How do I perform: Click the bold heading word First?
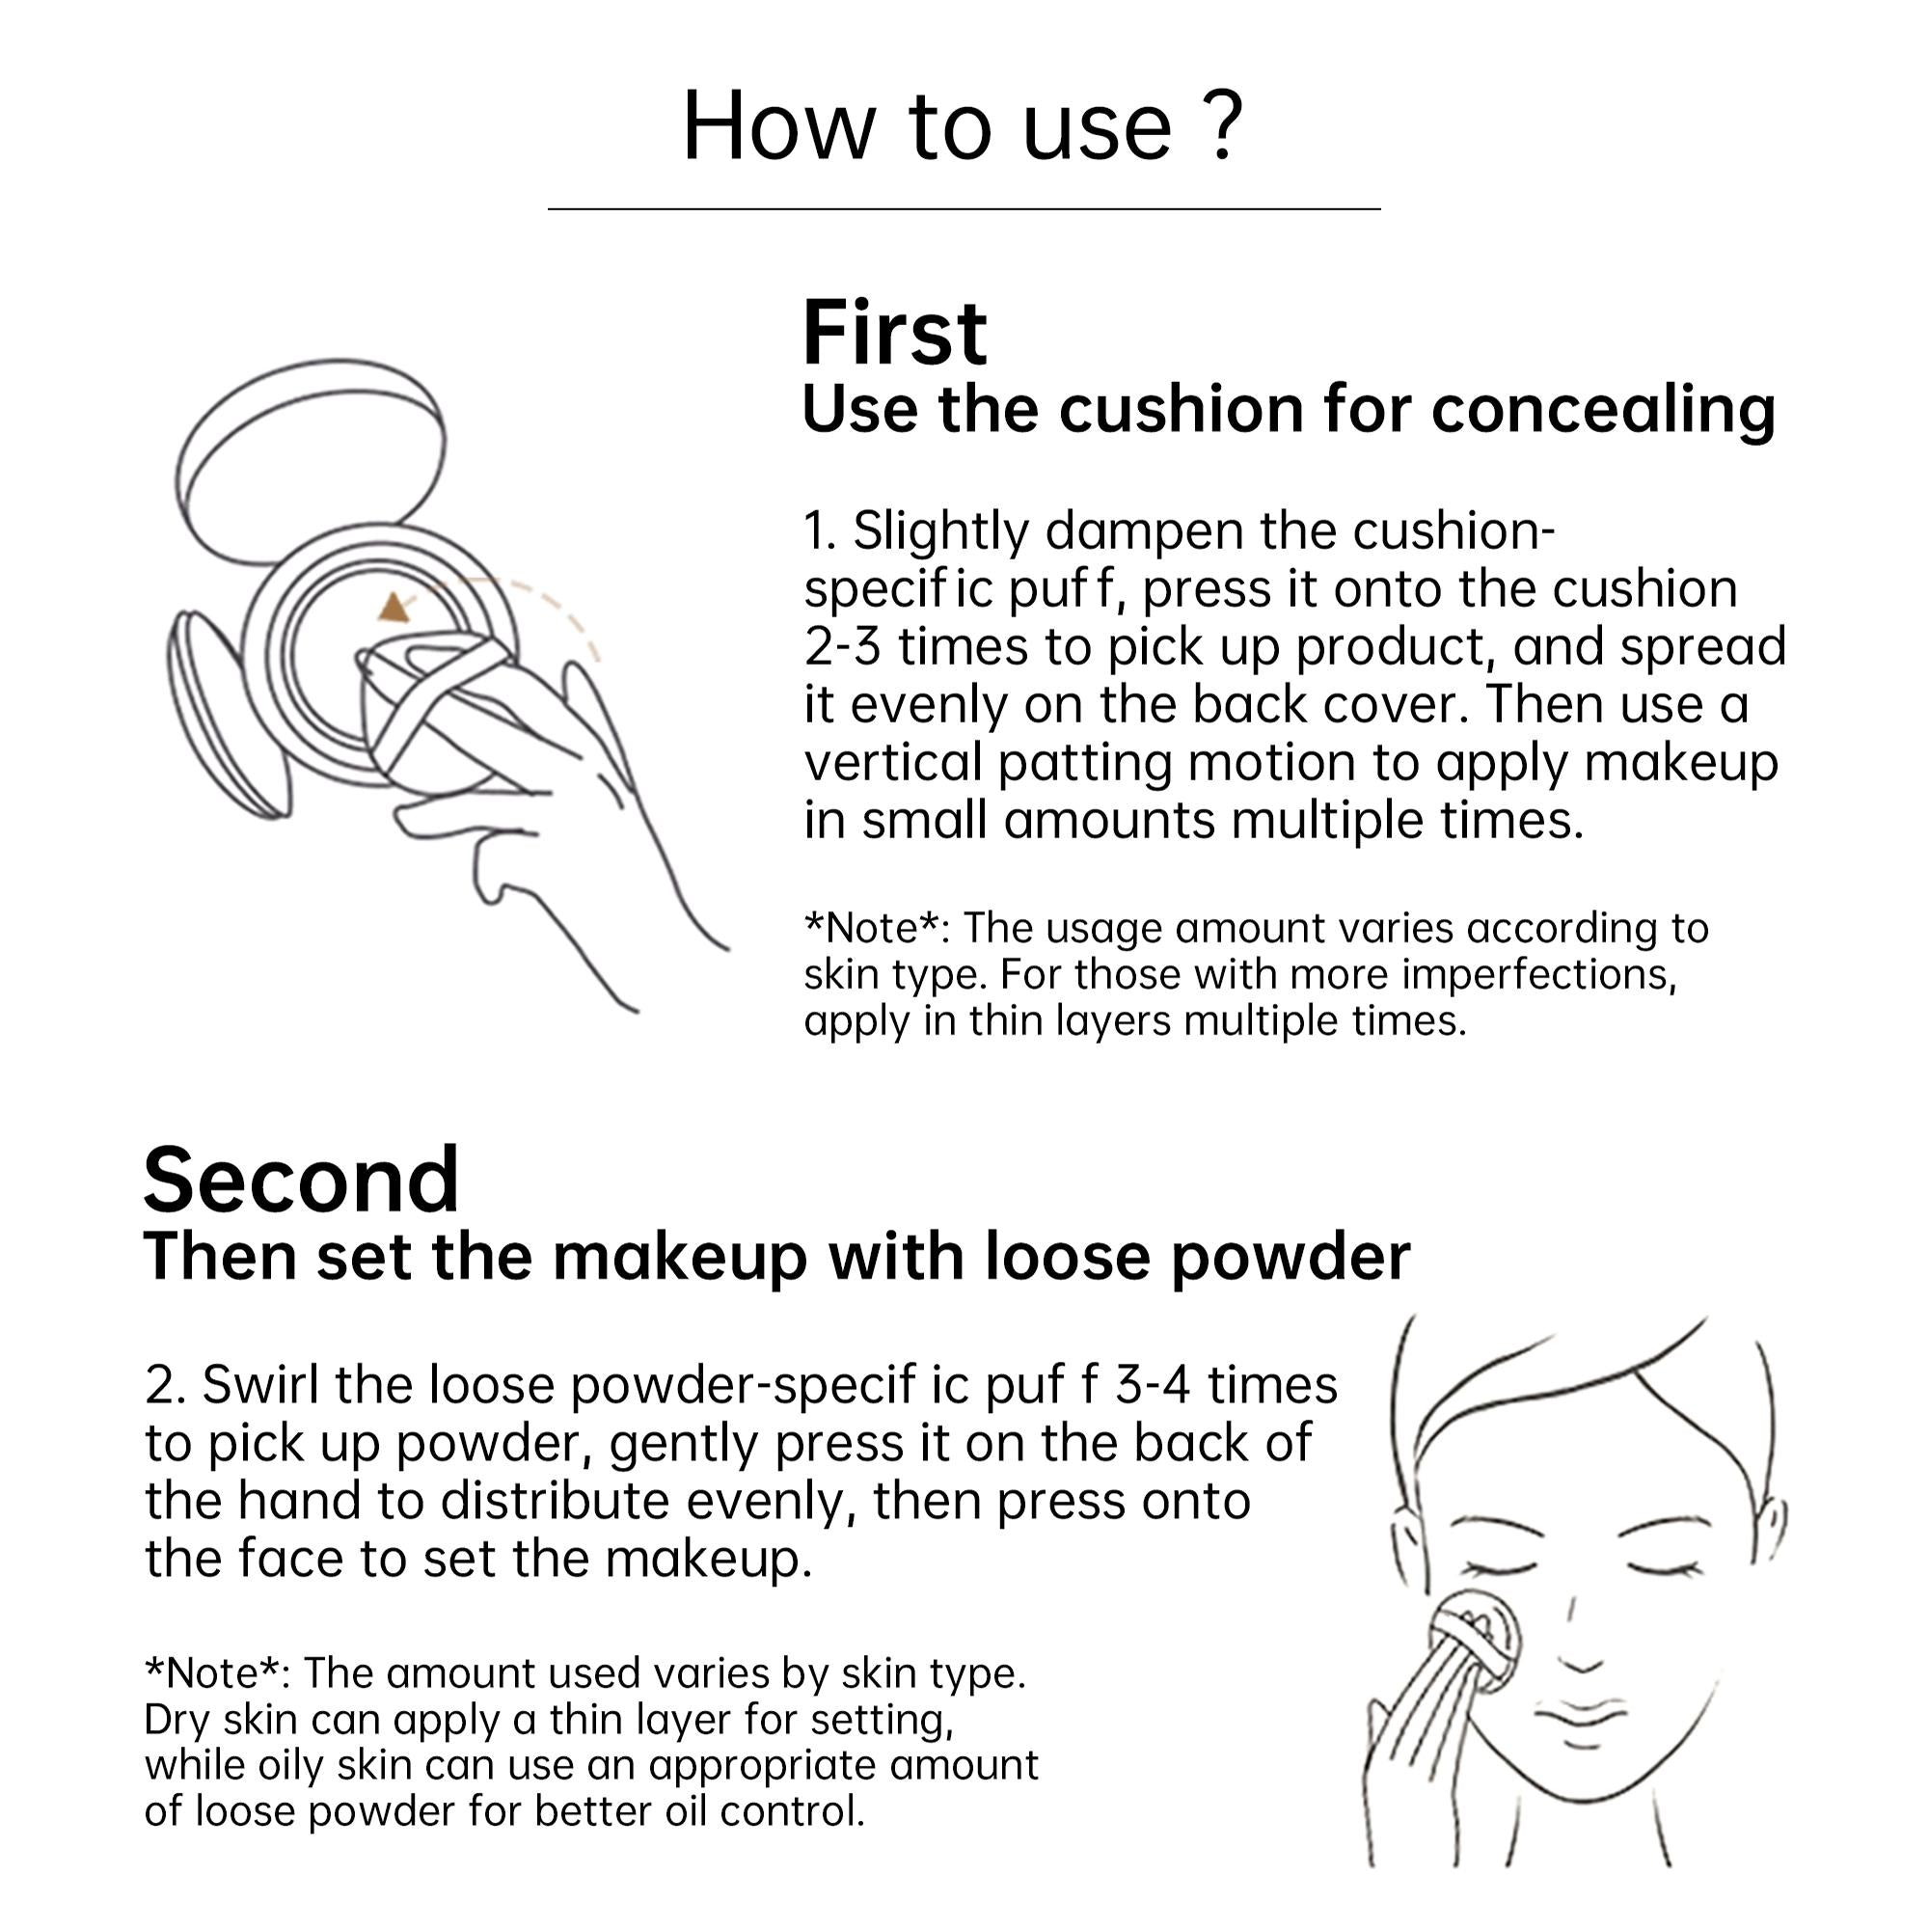pos(895,333)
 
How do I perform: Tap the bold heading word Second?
pos(301,1181)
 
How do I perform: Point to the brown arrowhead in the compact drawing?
pos(394,607)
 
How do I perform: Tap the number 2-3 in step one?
pos(843,647)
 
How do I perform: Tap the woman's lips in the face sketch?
pos(1583,1717)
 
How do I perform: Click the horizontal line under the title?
pos(964,208)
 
